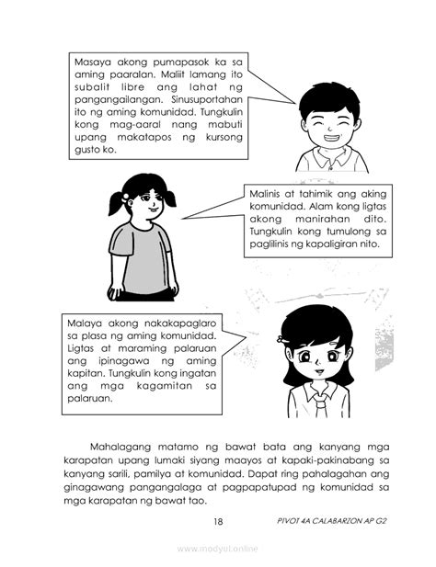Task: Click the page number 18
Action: pyautogui.click(x=218, y=522)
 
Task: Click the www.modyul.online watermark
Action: pyautogui.click(x=218, y=550)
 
